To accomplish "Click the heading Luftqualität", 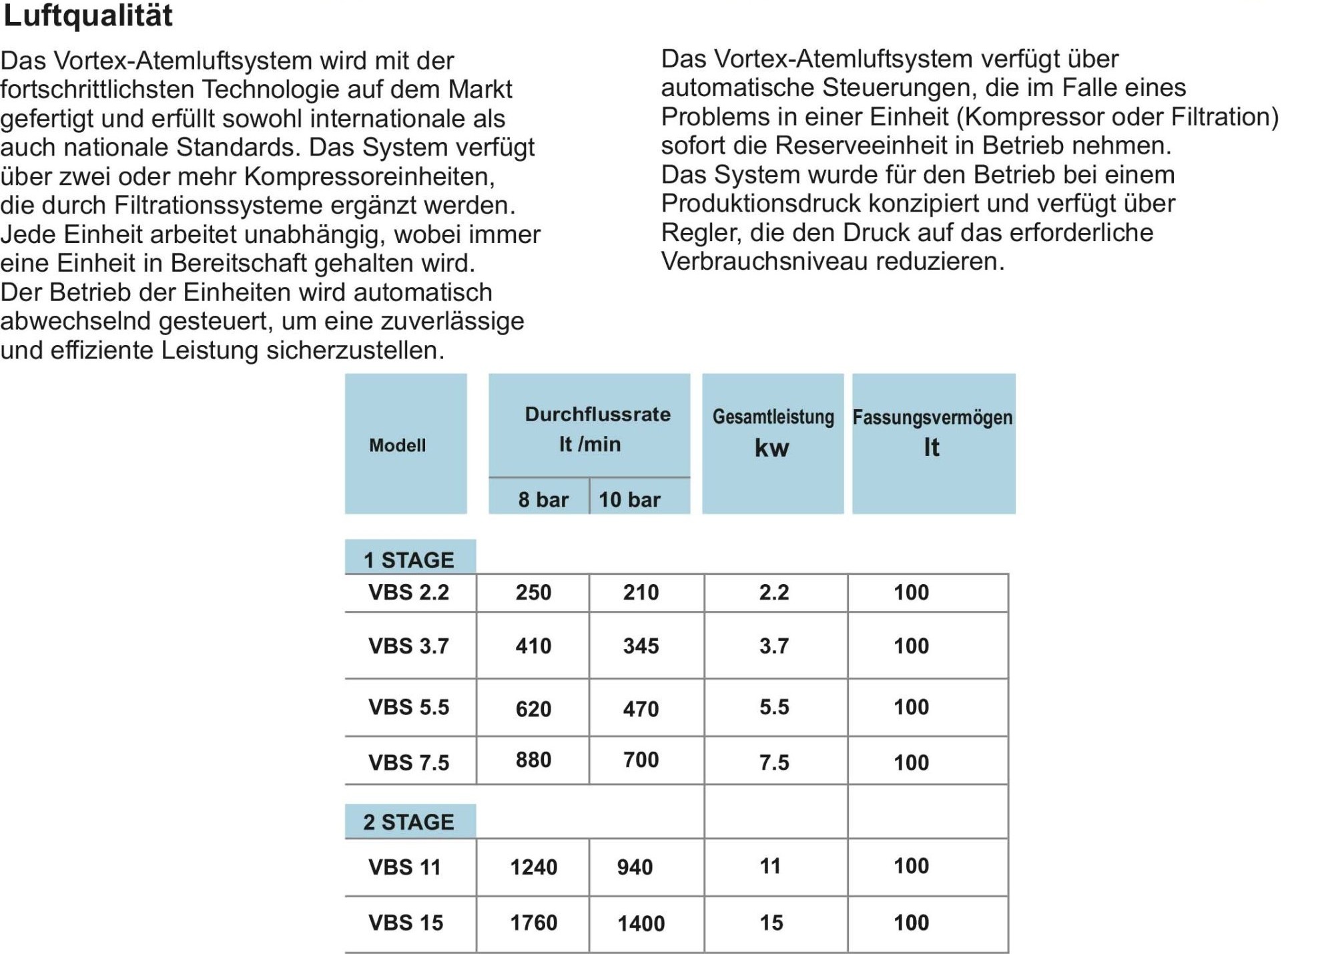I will tap(88, 15).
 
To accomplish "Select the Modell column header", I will tap(397, 445).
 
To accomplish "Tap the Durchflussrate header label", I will tap(597, 415).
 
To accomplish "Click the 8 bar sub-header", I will tap(543, 499).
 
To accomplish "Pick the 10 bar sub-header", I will tap(629, 499).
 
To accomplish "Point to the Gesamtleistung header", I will tap(773, 417).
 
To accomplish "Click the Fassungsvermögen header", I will tap(932, 418).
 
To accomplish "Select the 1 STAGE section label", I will tap(408, 559).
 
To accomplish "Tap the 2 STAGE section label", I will tap(408, 822).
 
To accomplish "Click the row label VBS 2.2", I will tap(408, 592).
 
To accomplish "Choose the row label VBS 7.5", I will tap(408, 762).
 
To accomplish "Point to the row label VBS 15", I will tap(406, 923).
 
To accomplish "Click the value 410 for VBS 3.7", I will tap(533, 646).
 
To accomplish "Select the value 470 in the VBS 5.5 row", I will tap(641, 709).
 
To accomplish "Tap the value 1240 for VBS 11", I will tap(533, 867).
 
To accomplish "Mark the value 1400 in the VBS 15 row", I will tap(641, 923).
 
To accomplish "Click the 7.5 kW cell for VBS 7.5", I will tap(774, 762).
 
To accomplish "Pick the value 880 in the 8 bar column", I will tap(533, 760).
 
